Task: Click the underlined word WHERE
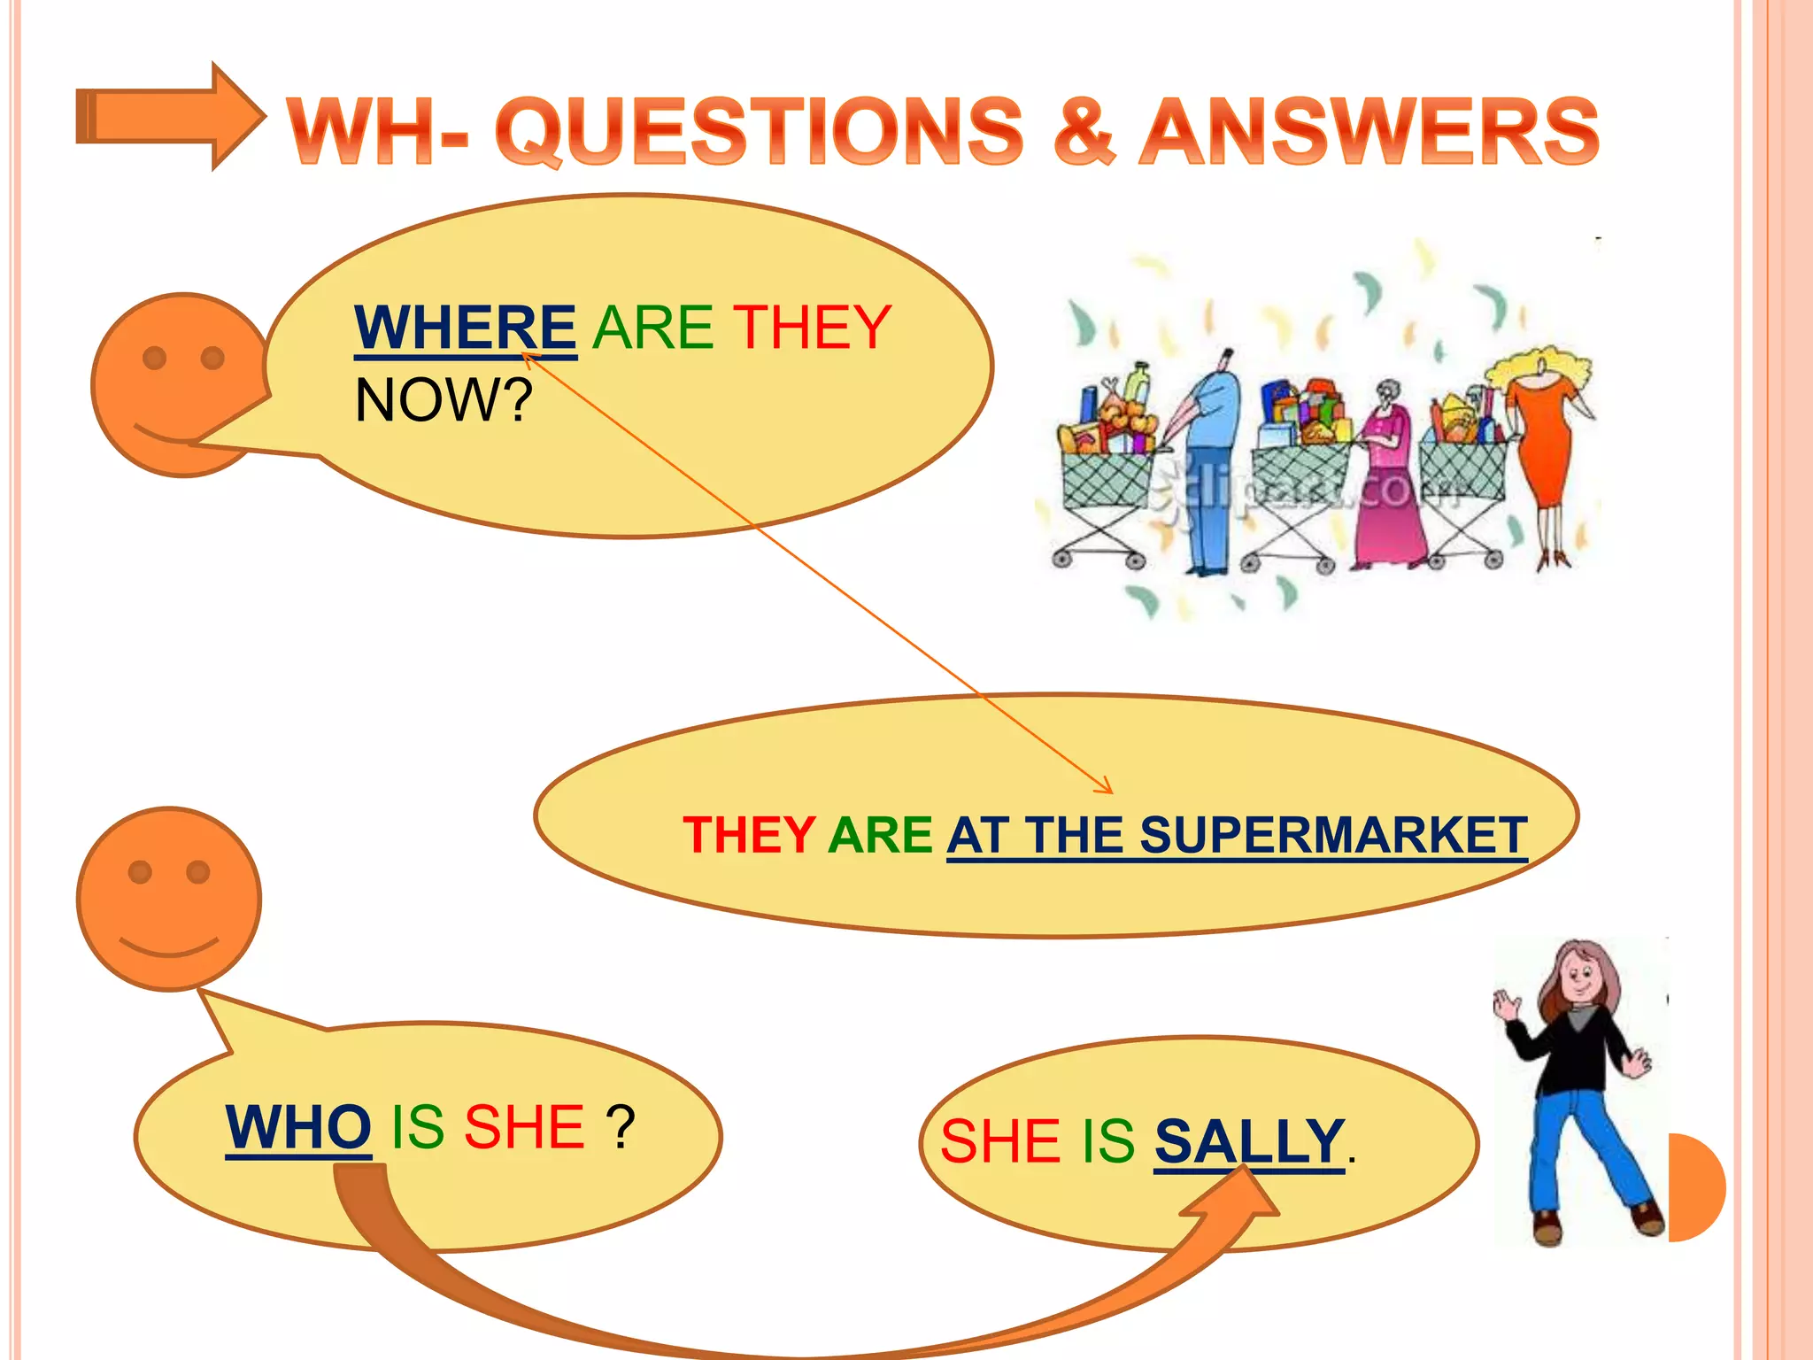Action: pos(466,328)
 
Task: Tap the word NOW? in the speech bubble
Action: pos(444,400)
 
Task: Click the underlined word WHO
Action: pos(298,1127)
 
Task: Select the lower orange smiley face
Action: pos(169,898)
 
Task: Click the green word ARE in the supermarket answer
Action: pos(880,835)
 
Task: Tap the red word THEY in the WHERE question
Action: pos(812,328)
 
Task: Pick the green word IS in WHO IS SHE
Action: pos(417,1127)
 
